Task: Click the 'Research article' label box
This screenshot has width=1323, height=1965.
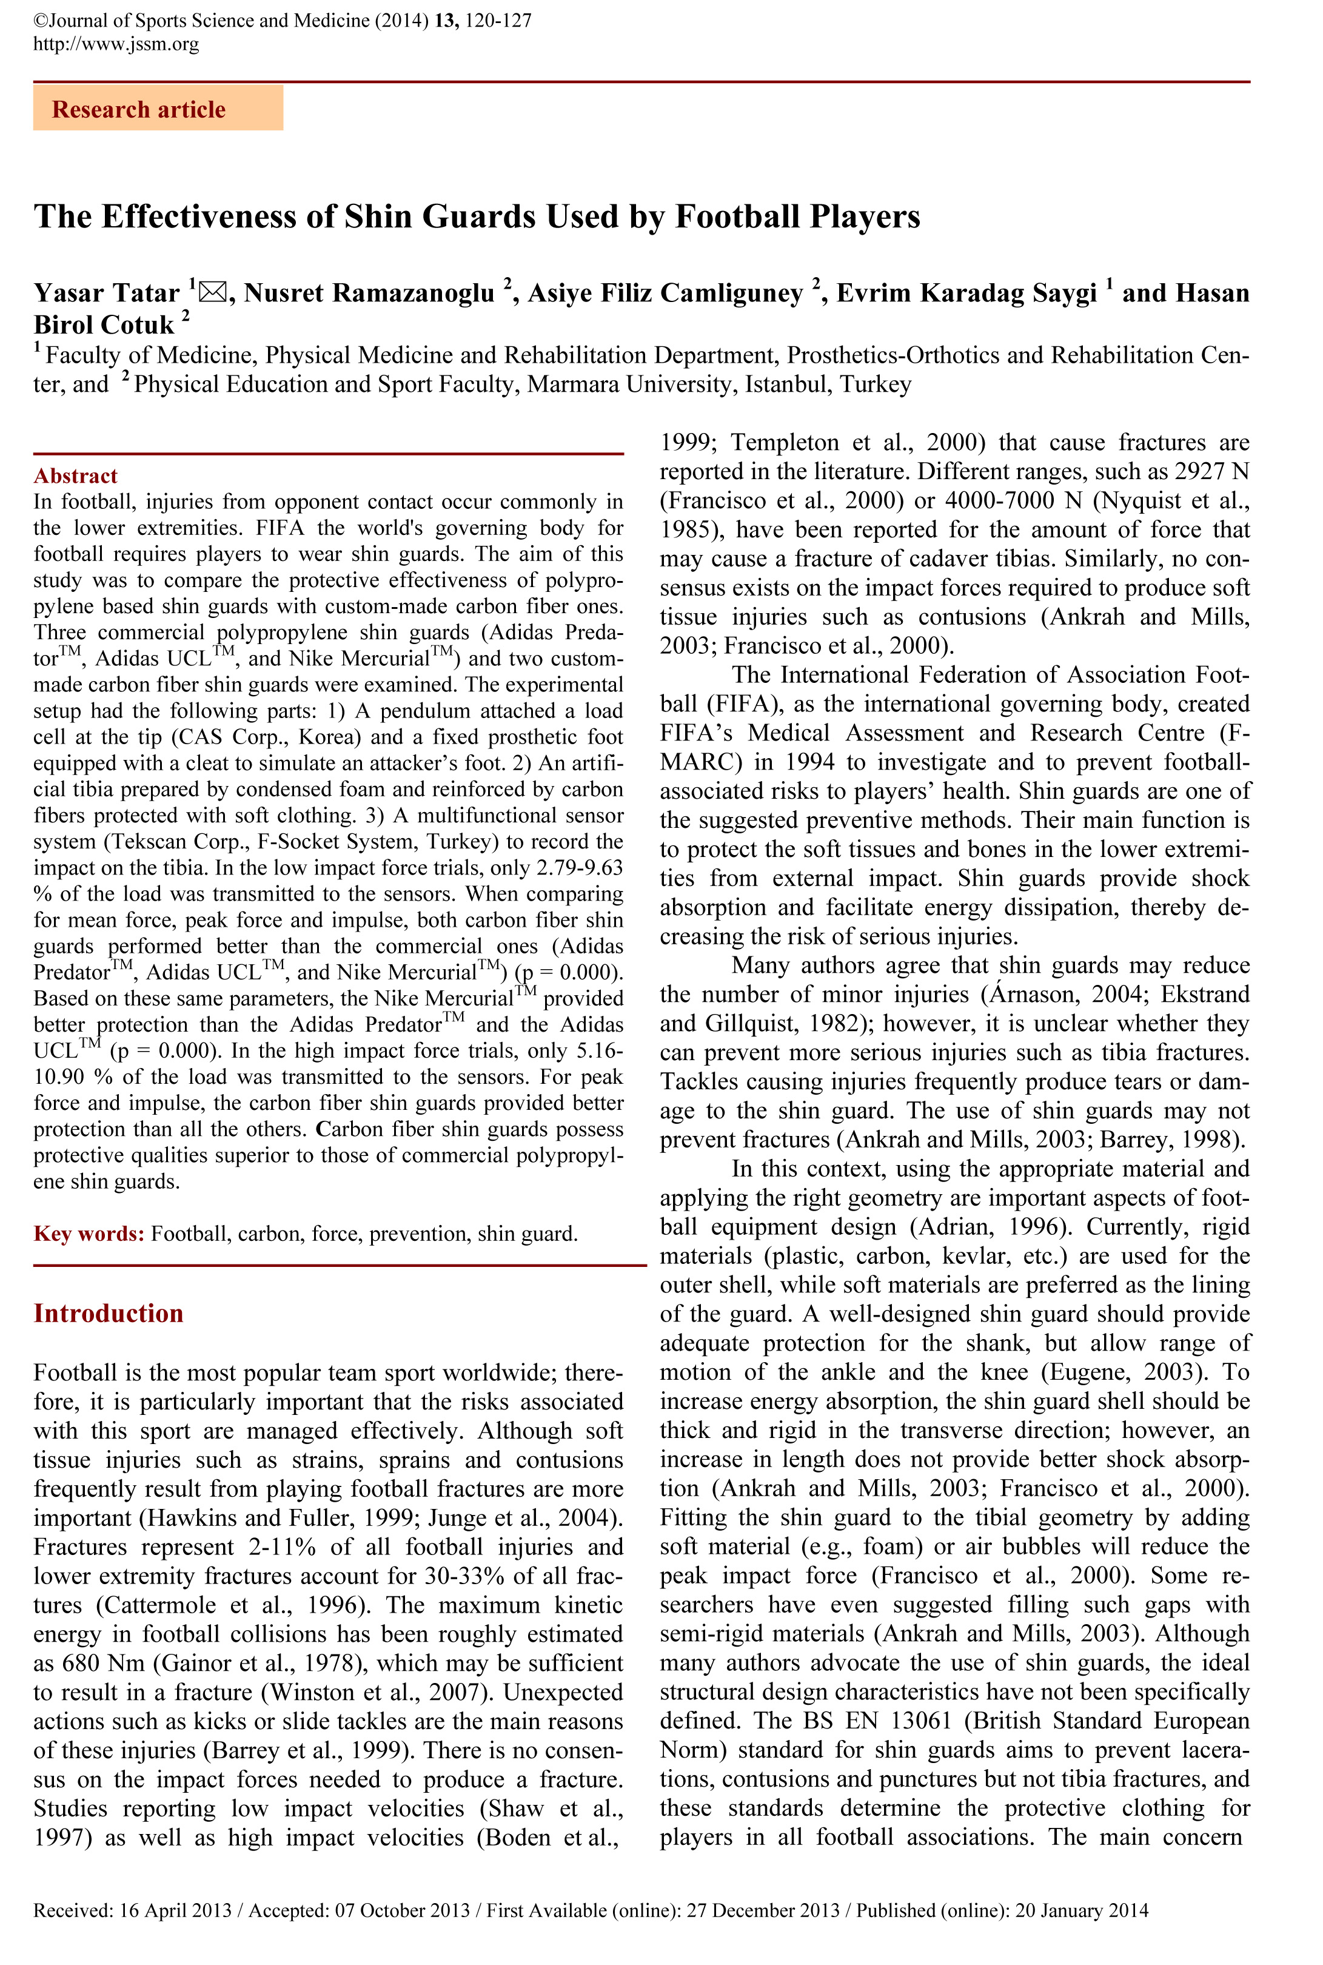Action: pos(158,109)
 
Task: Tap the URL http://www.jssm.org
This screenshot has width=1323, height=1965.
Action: pos(116,44)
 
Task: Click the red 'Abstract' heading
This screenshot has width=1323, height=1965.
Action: pos(75,476)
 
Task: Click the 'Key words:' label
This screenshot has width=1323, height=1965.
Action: pos(90,1234)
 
